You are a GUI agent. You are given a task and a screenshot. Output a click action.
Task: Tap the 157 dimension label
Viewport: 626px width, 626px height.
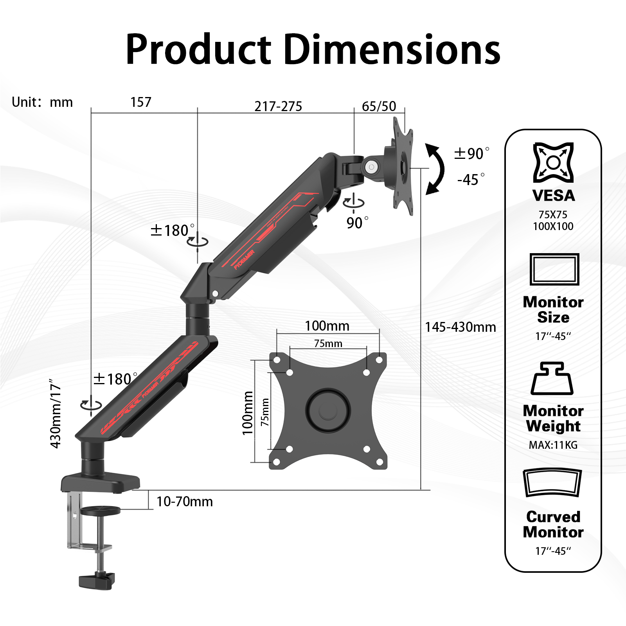[141, 102]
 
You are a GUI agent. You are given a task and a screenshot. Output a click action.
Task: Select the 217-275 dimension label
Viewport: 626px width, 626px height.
[278, 106]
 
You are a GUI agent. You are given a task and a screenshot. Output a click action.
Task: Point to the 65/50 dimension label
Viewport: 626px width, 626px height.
[379, 106]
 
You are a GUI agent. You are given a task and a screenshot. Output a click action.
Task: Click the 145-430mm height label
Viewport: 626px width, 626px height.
[461, 327]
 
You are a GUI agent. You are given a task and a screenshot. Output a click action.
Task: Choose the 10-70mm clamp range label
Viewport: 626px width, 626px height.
[185, 502]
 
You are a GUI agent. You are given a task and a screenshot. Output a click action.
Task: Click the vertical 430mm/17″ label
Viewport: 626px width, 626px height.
[56, 413]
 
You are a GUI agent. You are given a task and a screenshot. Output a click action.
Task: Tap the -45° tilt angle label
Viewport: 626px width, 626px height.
[471, 180]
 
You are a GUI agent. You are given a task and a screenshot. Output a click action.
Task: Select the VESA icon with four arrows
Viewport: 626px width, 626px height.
[553, 162]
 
